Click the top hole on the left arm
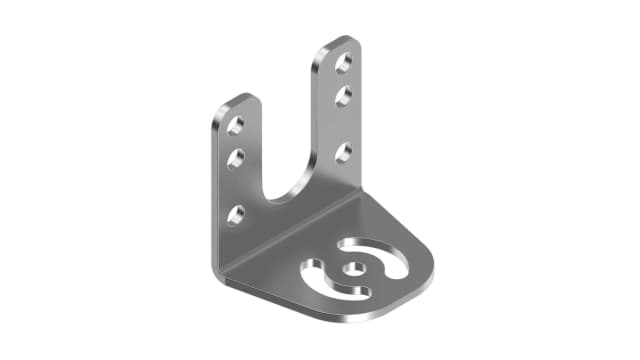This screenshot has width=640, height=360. [237, 125]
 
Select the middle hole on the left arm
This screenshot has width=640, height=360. [237, 158]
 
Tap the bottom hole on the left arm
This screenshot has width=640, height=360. [236, 214]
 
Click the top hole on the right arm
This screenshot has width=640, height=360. [343, 63]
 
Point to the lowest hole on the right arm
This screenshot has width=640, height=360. [343, 153]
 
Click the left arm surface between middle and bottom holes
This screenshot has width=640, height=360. [236, 186]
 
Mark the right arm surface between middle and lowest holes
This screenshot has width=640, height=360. [343, 125]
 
